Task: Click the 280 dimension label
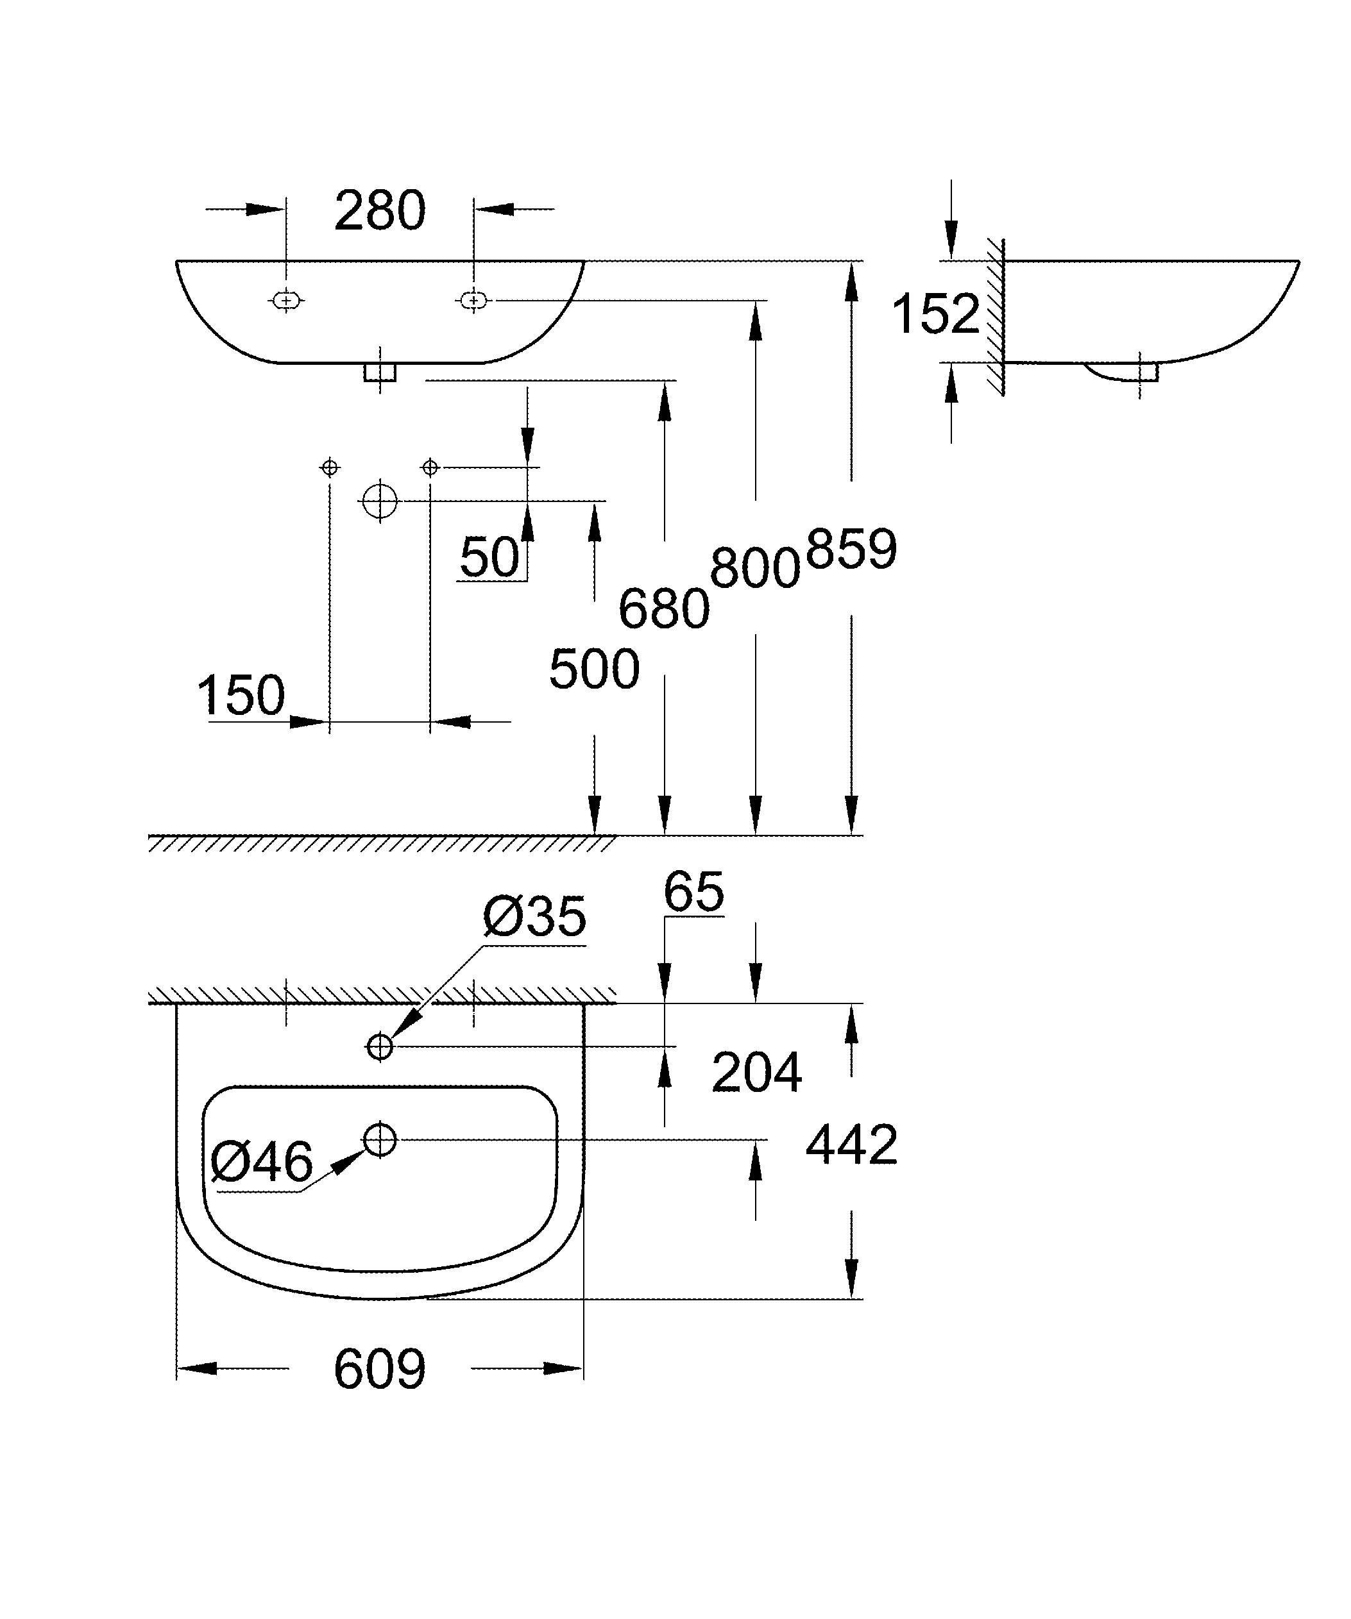click(x=379, y=210)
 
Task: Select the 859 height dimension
click(x=851, y=548)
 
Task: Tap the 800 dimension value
click(x=755, y=568)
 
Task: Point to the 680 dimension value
click(x=664, y=609)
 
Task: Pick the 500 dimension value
click(x=594, y=668)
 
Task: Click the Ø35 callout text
click(x=534, y=918)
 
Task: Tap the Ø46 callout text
click(x=261, y=1162)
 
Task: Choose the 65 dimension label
click(x=693, y=892)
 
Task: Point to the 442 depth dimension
click(x=851, y=1145)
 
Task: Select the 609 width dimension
click(x=379, y=1369)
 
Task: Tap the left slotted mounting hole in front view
click(x=286, y=300)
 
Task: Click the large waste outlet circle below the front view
click(x=379, y=501)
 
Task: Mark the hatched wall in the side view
click(x=996, y=316)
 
